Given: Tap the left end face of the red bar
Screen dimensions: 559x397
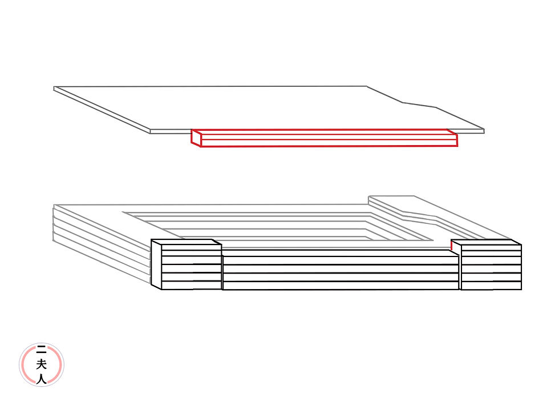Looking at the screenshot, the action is click(x=196, y=138).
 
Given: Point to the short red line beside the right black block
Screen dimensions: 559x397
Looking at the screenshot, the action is click(x=451, y=245).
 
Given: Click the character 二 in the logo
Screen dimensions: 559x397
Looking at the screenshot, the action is click(x=41, y=350).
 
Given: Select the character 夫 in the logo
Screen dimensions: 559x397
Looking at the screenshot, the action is click(x=41, y=364).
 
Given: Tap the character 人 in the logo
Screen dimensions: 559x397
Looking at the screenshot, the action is click(x=41, y=378).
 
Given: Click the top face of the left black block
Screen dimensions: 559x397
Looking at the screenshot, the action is click(x=187, y=242).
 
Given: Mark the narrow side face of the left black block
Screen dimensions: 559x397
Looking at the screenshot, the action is click(x=156, y=264).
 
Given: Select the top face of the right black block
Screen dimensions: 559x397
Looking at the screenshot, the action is click(x=486, y=242).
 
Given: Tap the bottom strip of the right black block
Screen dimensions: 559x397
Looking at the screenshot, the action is click(x=491, y=286).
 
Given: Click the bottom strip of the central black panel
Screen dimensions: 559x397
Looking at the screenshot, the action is click(x=341, y=286).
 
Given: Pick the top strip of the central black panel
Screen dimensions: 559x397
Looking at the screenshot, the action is click(x=341, y=252).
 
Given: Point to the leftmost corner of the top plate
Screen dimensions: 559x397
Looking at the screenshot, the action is click(x=55, y=89).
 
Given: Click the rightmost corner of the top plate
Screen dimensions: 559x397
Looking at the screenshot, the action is click(x=483, y=131).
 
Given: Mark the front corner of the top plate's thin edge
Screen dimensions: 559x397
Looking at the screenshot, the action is click(x=151, y=131).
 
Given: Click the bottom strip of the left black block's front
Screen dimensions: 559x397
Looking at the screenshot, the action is click(x=191, y=285).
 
